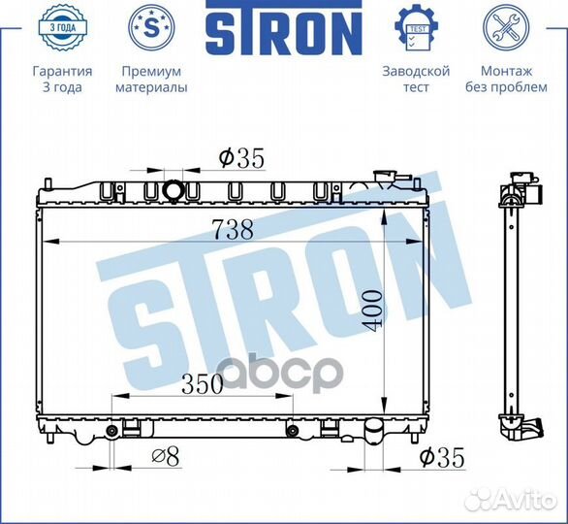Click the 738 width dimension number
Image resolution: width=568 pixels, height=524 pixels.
pos(233,230)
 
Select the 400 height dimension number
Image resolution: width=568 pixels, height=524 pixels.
pos(373,311)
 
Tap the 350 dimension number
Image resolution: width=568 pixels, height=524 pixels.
pos(203,384)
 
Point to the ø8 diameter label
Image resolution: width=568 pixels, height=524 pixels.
pos(165,457)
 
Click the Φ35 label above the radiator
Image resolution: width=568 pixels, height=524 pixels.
pos(241,158)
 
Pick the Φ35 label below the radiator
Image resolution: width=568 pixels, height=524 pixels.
pos(442,458)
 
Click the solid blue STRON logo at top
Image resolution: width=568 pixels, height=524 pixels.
pos(284,27)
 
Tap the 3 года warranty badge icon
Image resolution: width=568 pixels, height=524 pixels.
pos(62,27)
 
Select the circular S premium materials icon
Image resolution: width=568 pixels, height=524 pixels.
pos(152,27)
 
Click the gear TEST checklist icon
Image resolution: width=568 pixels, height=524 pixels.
pos(416,28)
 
